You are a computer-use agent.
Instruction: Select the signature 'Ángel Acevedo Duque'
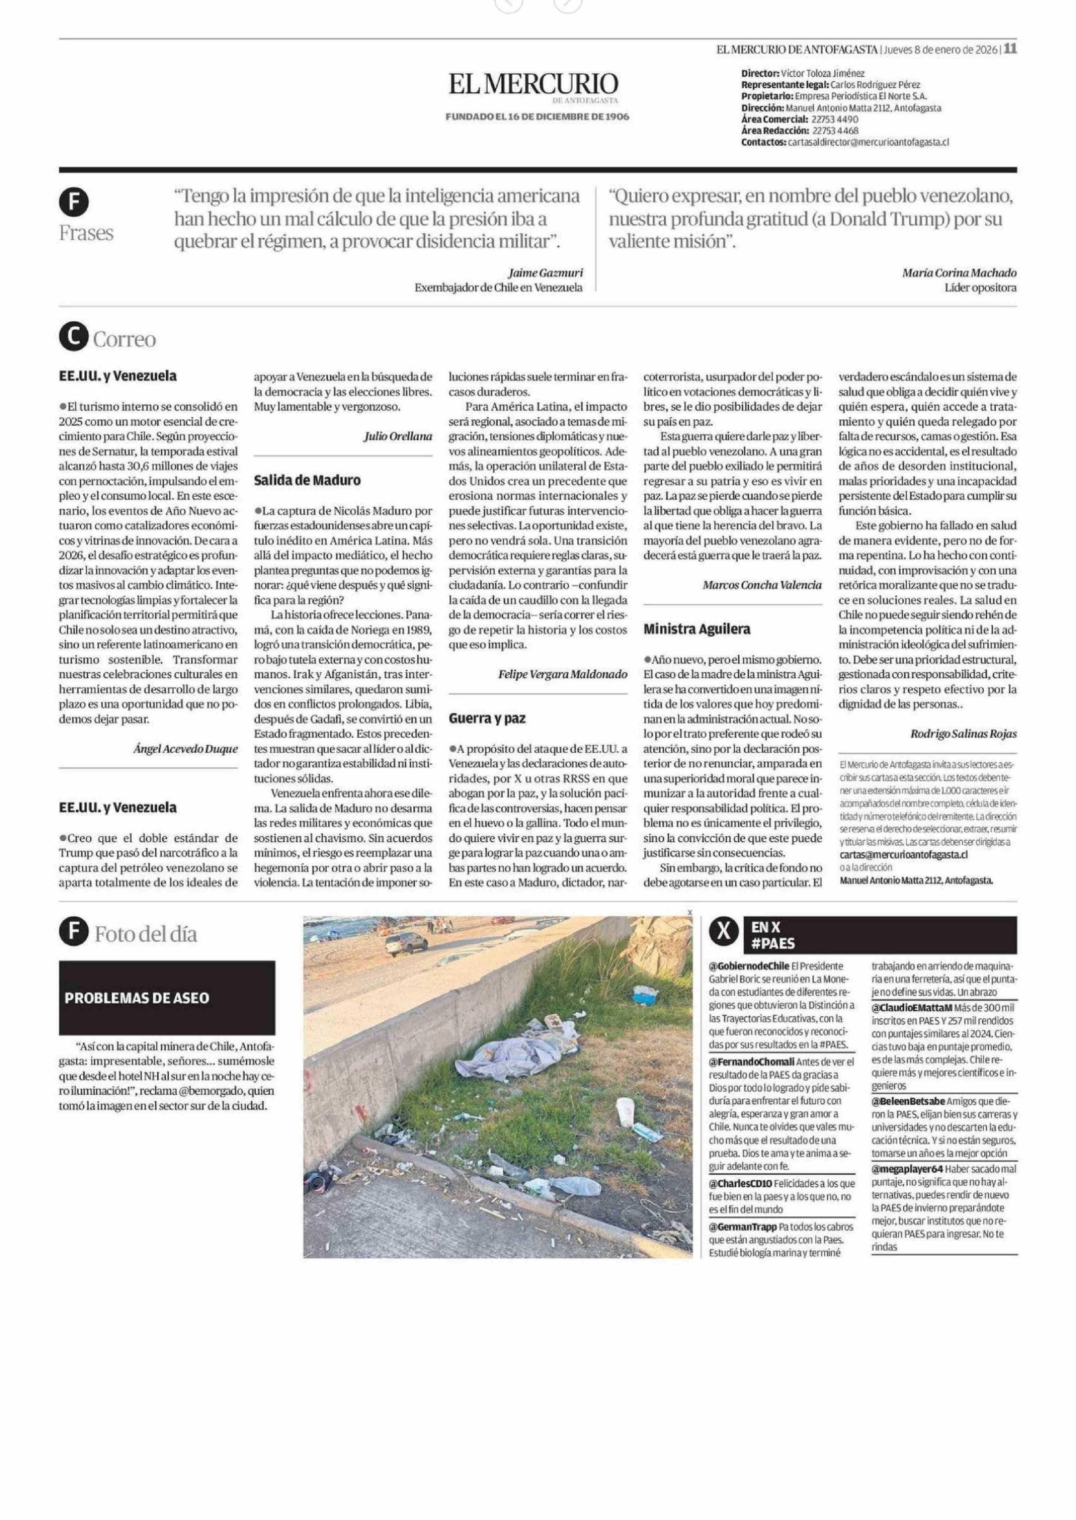coord(186,749)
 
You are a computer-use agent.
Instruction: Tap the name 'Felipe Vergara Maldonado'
coord(563,674)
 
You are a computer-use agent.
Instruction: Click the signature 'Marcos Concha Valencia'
coord(762,585)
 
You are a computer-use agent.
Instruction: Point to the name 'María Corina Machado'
coord(959,273)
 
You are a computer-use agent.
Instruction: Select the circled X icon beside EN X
coord(725,932)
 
